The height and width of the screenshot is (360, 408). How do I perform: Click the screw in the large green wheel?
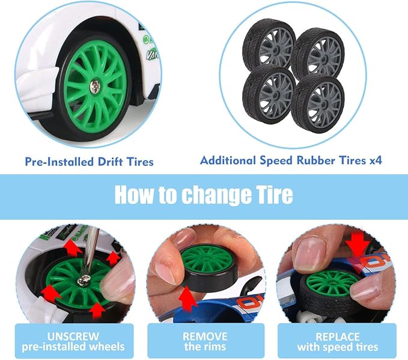[x=94, y=87]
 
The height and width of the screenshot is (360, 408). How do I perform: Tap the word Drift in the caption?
[x=110, y=162]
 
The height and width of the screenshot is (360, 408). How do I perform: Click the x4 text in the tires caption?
[x=376, y=160]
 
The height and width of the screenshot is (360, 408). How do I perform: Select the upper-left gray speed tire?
[x=269, y=44]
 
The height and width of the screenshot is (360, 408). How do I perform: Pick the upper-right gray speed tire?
[x=318, y=53]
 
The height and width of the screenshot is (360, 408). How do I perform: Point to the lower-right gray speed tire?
[x=318, y=103]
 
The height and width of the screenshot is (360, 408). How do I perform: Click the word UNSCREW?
[x=73, y=337]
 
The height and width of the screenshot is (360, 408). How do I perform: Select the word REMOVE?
[x=205, y=337]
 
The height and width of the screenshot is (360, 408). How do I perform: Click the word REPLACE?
[x=338, y=337]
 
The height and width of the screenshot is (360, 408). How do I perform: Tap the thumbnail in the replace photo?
[x=311, y=252]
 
